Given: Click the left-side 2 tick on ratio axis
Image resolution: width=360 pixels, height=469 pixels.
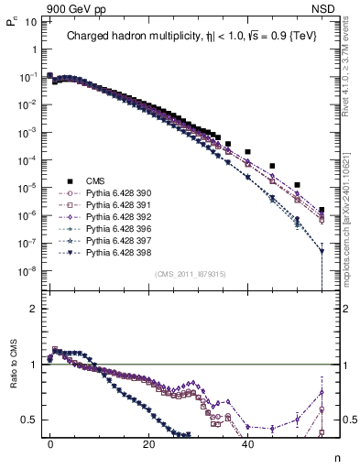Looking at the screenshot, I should point(33,309).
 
